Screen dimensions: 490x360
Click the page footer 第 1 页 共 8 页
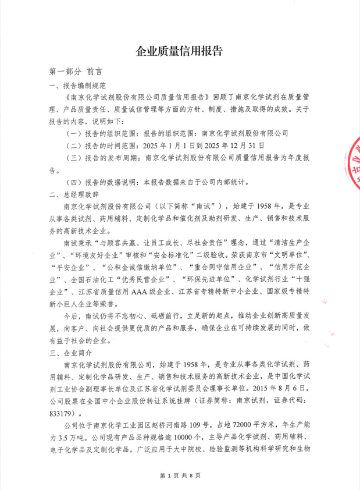(x=179, y=476)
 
